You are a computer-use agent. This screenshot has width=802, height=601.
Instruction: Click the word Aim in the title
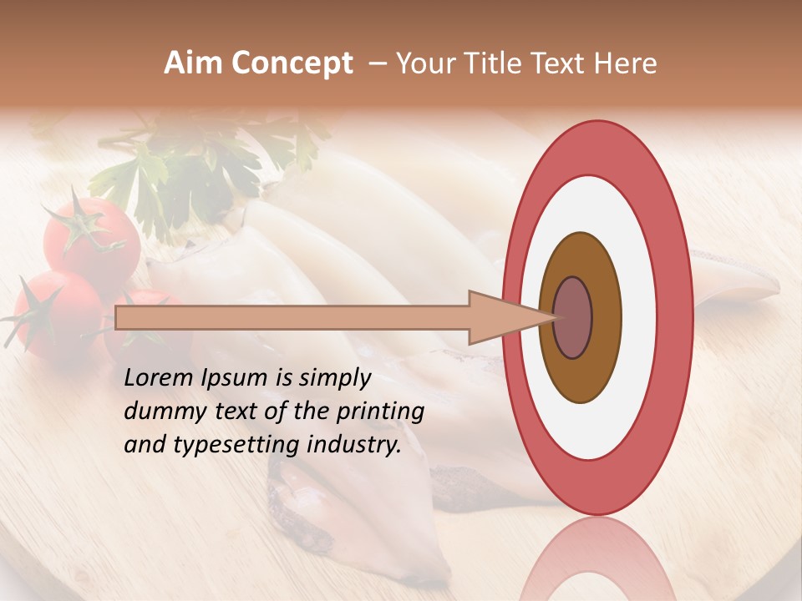pos(193,63)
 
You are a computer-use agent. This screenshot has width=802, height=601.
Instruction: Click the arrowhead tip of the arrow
pos(554,317)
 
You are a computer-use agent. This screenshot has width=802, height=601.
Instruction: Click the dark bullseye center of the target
pos(572,318)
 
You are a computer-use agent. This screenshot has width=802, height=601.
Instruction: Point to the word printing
pos(380,412)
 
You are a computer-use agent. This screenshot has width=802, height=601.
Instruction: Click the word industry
pos(353,445)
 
